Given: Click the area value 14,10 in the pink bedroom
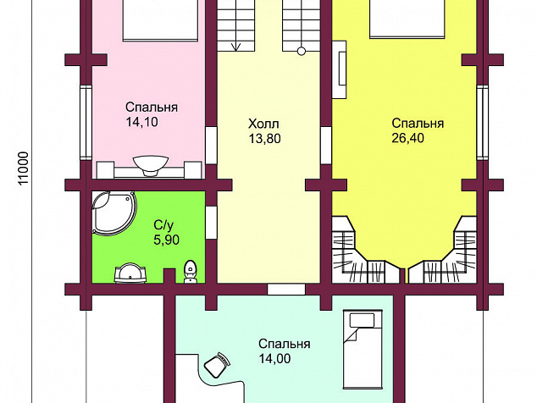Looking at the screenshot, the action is click(141, 122).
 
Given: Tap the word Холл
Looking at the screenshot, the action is click(263, 124).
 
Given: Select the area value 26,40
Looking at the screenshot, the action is click(408, 138).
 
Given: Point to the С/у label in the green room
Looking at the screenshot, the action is click(163, 225).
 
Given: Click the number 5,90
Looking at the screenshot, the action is click(167, 240).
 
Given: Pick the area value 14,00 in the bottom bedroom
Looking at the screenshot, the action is click(274, 358).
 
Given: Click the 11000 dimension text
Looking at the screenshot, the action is click(23, 168).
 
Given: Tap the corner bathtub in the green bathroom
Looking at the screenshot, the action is click(114, 213).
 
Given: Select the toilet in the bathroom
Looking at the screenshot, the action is click(190, 272).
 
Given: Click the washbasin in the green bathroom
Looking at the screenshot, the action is click(130, 273).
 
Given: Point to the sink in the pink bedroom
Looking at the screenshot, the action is click(151, 166).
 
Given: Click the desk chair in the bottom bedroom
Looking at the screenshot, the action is click(217, 364).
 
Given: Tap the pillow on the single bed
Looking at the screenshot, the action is click(362, 321).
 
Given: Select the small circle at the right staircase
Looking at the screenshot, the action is click(302, 52).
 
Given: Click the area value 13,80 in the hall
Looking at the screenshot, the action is click(264, 139).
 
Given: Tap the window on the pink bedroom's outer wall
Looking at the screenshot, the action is click(86, 123).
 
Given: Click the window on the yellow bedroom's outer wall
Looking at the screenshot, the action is click(483, 123).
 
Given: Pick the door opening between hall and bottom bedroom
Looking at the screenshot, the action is click(286, 289).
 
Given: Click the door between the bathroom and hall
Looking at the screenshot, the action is click(211, 223).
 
